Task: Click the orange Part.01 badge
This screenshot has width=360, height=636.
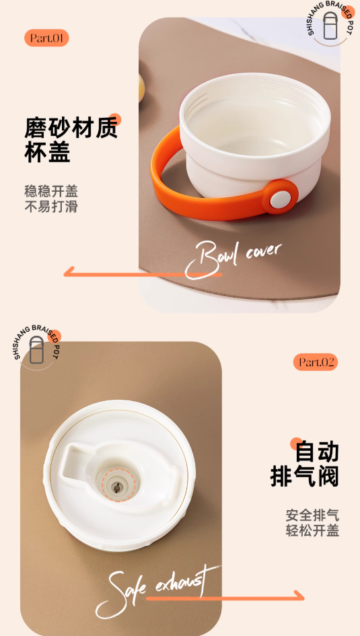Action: (46, 38)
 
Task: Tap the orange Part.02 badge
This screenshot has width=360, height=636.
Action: (316, 362)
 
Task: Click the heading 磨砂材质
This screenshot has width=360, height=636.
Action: (71, 127)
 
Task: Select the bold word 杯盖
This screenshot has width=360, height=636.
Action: (47, 152)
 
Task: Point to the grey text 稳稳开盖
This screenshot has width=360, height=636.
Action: (51, 190)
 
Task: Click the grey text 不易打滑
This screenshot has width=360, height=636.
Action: (51, 207)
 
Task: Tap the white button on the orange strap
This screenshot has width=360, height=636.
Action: (280, 199)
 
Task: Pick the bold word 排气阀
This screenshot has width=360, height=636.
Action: (304, 476)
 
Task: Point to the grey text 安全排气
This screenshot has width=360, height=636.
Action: (312, 515)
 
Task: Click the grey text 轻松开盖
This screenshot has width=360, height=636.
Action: (312, 530)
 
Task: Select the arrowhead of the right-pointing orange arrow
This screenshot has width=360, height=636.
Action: (300, 596)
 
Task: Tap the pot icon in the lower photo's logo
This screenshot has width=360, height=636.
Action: (36, 349)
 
